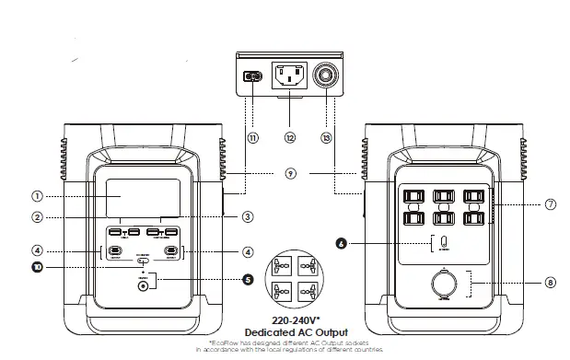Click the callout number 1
pyautogui.click(x=38, y=196)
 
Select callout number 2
pyautogui.click(x=38, y=218)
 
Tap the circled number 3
pyautogui.click(x=247, y=217)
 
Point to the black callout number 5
pyautogui.click(x=247, y=278)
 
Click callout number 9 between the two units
pyautogui.click(x=291, y=172)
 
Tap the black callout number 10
pyautogui.click(x=38, y=268)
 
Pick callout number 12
pyautogui.click(x=290, y=138)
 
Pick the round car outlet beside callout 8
pyautogui.click(x=444, y=284)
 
